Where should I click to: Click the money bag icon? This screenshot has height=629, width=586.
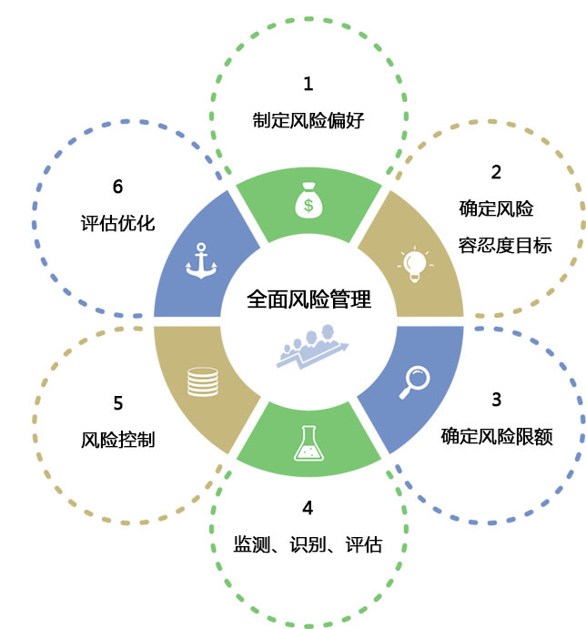pyautogui.click(x=308, y=200)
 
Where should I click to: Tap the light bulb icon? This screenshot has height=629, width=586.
pyautogui.click(x=415, y=264)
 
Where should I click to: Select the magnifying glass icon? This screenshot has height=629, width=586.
pyautogui.click(x=414, y=382)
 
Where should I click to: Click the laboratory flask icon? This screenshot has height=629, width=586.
pyautogui.click(x=308, y=443)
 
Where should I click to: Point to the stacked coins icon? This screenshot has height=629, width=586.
pyautogui.click(x=203, y=382)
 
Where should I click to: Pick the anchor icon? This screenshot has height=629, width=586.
pyautogui.click(x=201, y=260)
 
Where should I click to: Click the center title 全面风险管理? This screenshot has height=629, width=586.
pyautogui.click(x=308, y=299)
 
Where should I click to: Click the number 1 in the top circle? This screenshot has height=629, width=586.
pyautogui.click(x=308, y=84)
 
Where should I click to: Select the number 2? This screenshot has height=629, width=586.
pyautogui.click(x=496, y=172)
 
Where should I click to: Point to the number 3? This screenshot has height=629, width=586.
pyautogui.click(x=497, y=400)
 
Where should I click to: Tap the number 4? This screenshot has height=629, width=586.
pyautogui.click(x=308, y=508)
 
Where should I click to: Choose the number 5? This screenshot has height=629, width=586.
pyautogui.click(x=118, y=403)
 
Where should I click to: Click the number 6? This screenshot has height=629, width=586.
pyautogui.click(x=117, y=187)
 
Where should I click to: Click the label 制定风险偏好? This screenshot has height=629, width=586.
pyautogui.click(x=308, y=120)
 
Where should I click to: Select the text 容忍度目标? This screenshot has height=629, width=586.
pyautogui.click(x=505, y=245)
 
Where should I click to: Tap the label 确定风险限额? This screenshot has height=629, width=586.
pyautogui.click(x=497, y=436)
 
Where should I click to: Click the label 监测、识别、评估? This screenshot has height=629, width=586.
pyautogui.click(x=308, y=544)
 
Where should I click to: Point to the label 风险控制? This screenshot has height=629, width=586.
pyautogui.click(x=118, y=440)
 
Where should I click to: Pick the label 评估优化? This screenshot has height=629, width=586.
pyautogui.click(x=118, y=223)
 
